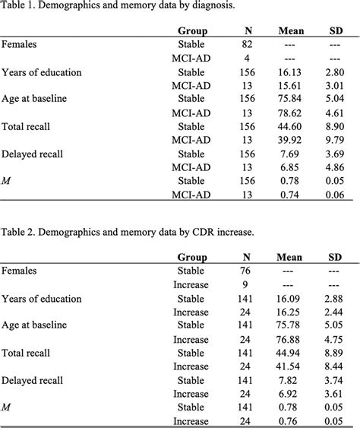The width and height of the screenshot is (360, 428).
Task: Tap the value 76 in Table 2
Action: click(x=246, y=271)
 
